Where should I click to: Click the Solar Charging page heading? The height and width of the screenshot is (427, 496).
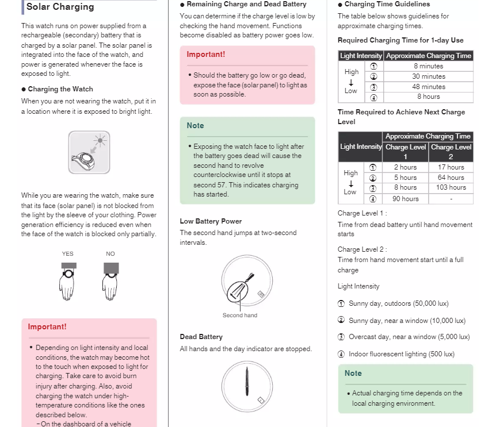[60, 7]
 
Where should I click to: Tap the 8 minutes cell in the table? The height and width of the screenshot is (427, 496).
[429, 66]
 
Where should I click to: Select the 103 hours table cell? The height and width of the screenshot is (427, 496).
[451, 187]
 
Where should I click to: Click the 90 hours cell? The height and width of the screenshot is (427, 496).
[406, 199]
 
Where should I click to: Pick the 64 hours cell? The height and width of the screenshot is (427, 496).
[451, 178]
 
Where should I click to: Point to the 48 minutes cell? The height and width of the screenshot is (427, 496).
[429, 87]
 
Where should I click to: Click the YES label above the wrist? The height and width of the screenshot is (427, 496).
[68, 253]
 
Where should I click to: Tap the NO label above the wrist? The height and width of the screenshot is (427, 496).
[110, 253]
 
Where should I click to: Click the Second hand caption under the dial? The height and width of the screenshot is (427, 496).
[240, 315]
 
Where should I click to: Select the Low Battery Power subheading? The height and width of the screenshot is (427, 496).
[211, 221]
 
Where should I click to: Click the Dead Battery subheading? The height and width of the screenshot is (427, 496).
[201, 337]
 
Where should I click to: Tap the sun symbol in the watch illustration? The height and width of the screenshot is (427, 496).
[101, 140]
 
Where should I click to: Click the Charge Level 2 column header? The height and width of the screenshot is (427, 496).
[451, 152]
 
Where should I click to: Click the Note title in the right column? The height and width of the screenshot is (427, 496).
[353, 373]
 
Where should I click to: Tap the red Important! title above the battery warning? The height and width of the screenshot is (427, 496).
[205, 55]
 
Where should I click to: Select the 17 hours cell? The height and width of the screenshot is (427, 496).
[451, 167]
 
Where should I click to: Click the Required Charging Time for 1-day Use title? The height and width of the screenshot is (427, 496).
[400, 40]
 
